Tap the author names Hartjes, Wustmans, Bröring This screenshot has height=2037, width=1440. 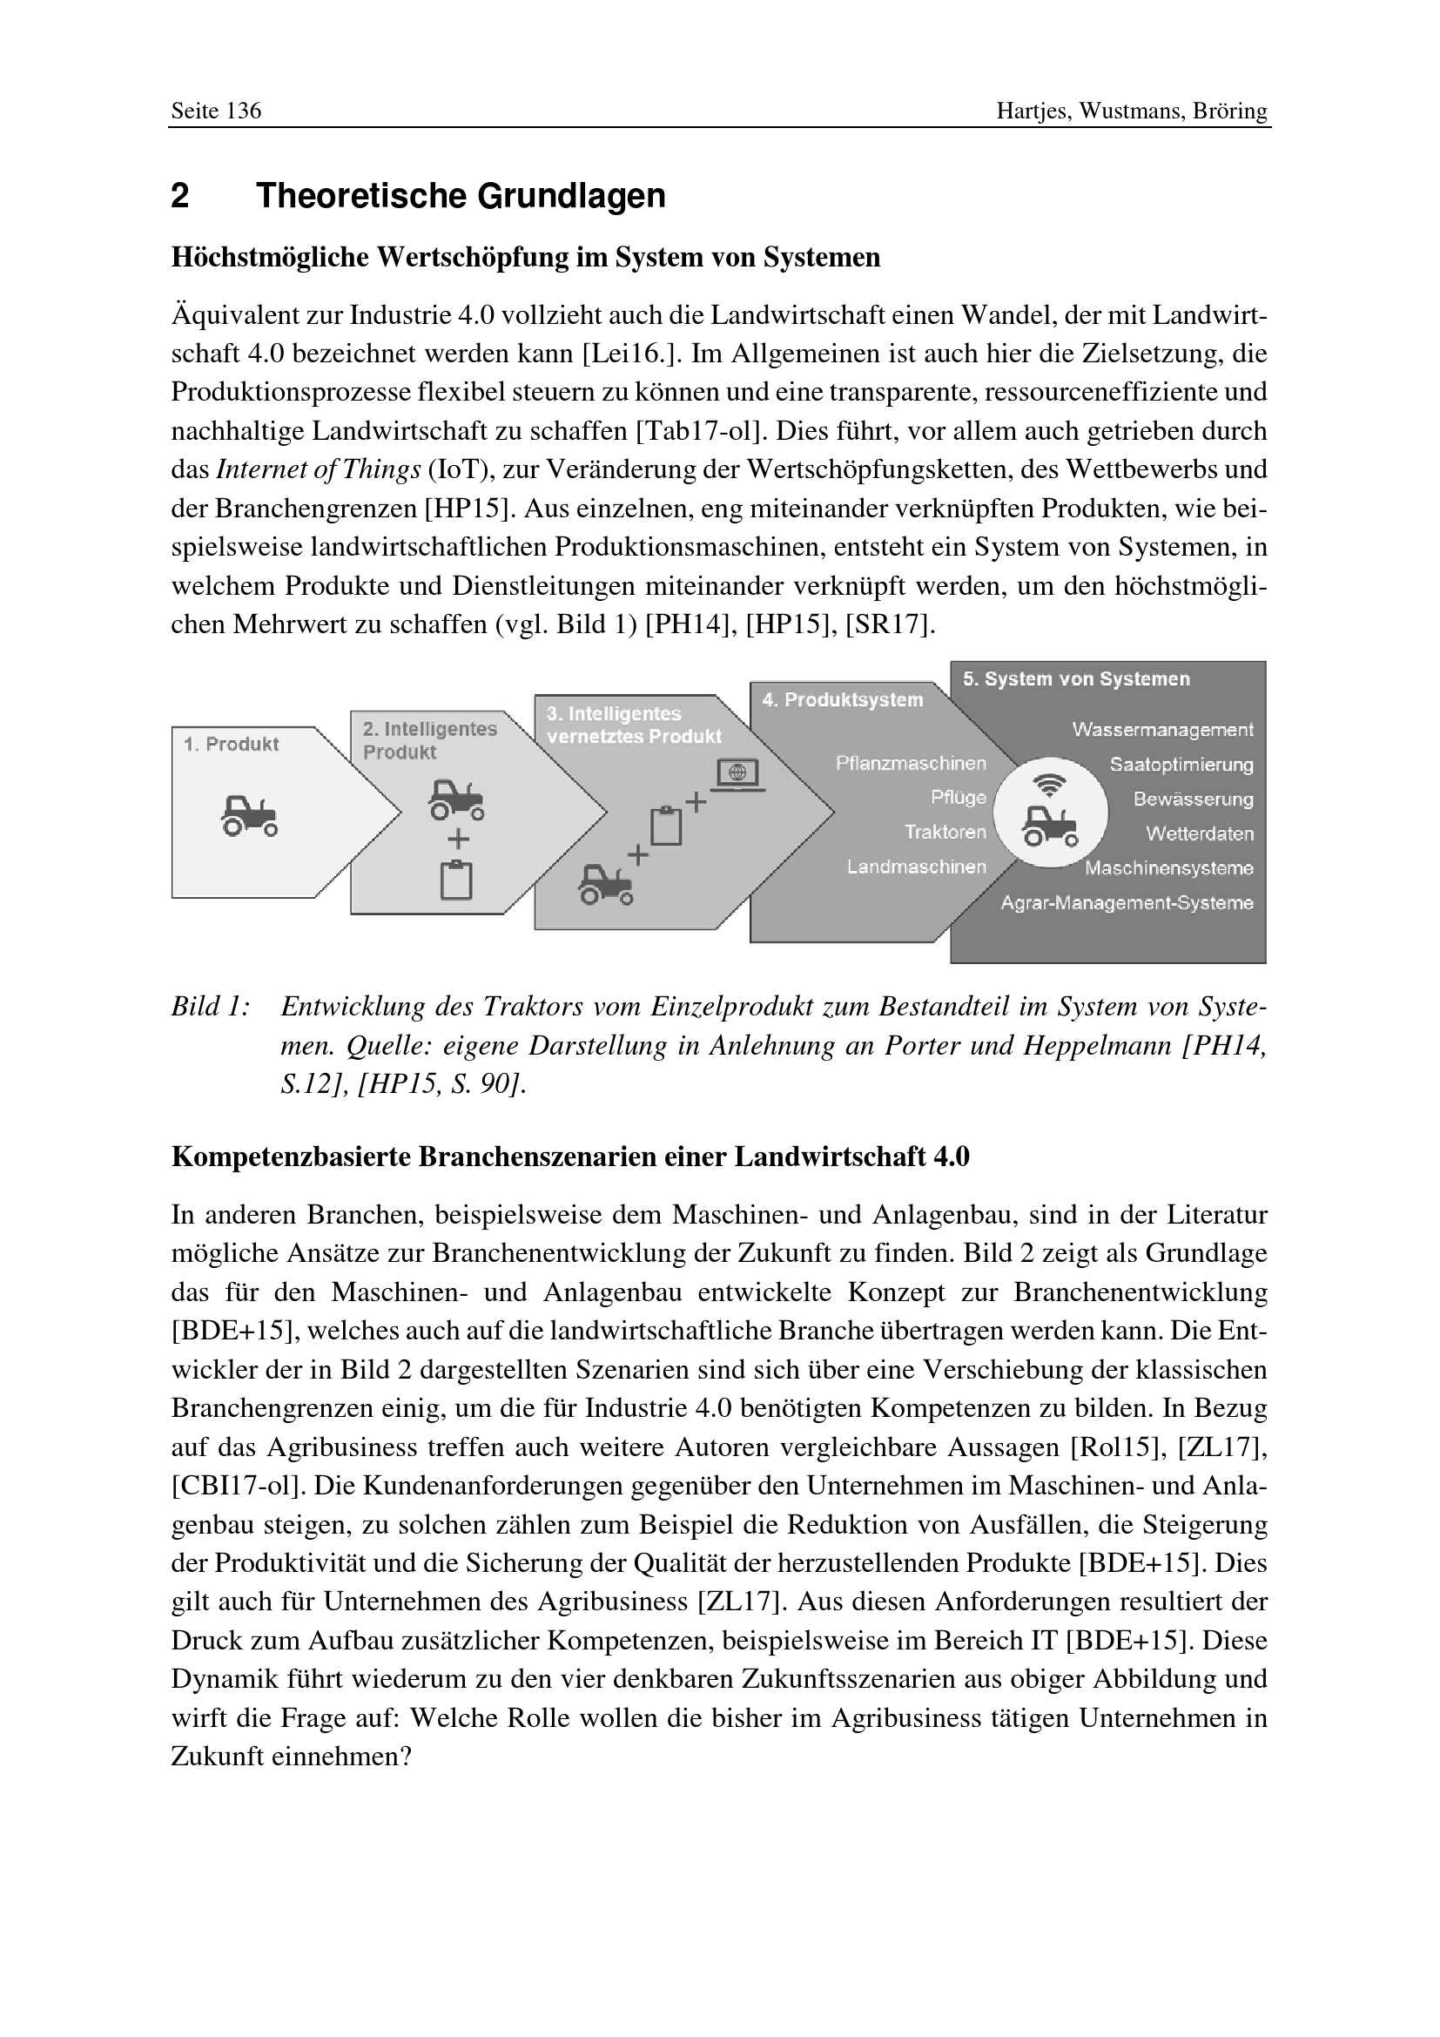(x=1132, y=111)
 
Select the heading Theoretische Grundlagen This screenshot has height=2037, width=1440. (x=461, y=196)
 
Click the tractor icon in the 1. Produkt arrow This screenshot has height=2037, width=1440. (x=249, y=814)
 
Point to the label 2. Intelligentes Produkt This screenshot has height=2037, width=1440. (x=429, y=740)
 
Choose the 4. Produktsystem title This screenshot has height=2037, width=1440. (x=843, y=700)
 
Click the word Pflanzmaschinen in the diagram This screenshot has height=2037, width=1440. (x=911, y=763)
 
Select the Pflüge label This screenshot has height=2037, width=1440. (x=958, y=798)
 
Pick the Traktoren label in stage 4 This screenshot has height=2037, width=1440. (x=945, y=833)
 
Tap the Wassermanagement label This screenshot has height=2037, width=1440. (x=1161, y=729)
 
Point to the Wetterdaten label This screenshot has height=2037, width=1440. (x=1199, y=834)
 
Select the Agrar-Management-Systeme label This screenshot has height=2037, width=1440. (x=1126, y=903)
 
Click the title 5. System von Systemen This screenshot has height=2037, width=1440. (x=1076, y=679)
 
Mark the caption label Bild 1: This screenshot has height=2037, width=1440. (x=210, y=1007)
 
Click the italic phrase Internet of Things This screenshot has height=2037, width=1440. (x=319, y=469)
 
